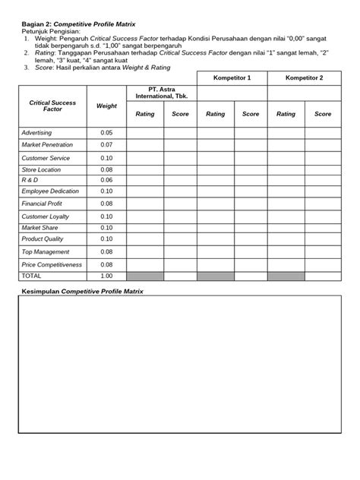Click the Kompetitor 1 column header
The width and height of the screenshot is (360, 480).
232,78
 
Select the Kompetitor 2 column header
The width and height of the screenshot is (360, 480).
305,78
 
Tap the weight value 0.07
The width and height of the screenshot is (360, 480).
106,144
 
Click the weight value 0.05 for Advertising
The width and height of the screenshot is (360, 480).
106,132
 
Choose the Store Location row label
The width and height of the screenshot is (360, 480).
41,169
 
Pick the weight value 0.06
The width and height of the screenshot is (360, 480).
106,180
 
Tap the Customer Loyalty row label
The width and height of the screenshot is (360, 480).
46,216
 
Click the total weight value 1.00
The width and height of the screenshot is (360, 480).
106,276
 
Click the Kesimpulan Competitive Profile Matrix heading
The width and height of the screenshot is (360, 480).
82,292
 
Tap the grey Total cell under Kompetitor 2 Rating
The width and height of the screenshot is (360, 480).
286,276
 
